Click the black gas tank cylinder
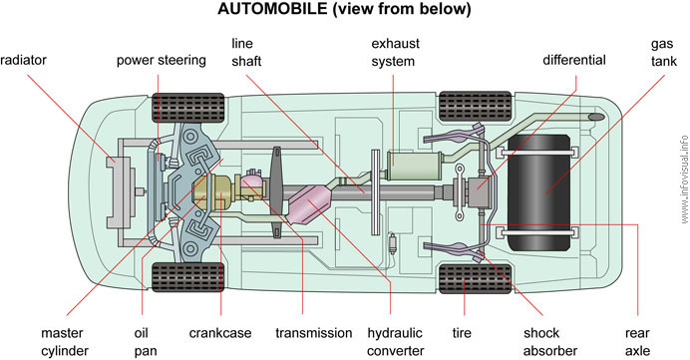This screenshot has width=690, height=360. (x=539, y=191)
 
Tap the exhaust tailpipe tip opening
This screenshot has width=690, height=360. (x=595, y=117)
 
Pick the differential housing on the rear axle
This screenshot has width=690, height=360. (x=479, y=192)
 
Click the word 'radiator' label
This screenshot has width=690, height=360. (x=23, y=60)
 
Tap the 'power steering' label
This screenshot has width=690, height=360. (x=162, y=60)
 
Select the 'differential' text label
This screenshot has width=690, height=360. (x=573, y=60)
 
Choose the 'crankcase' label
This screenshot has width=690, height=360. (x=220, y=333)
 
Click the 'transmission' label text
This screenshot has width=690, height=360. (x=314, y=333)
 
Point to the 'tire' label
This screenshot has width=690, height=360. (x=462, y=333)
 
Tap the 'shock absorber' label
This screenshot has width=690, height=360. (x=550, y=342)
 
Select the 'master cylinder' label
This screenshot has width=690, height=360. (x=65, y=342)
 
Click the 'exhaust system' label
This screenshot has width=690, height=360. (x=395, y=53)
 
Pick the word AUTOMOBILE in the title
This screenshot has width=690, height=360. (x=272, y=9)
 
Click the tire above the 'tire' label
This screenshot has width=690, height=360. (x=476, y=279)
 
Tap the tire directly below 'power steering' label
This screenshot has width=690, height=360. (x=187, y=108)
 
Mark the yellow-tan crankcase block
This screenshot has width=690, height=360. (x=214, y=191)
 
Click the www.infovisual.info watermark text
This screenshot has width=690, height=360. (x=684, y=180)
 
